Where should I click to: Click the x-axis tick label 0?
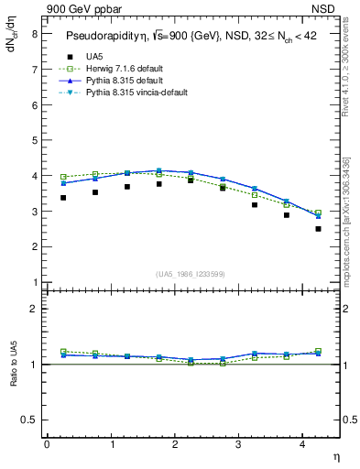pos(47,444)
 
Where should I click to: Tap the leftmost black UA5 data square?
pos(63,197)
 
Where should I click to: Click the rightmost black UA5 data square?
pos(318,228)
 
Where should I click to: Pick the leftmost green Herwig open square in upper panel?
pos(63,177)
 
